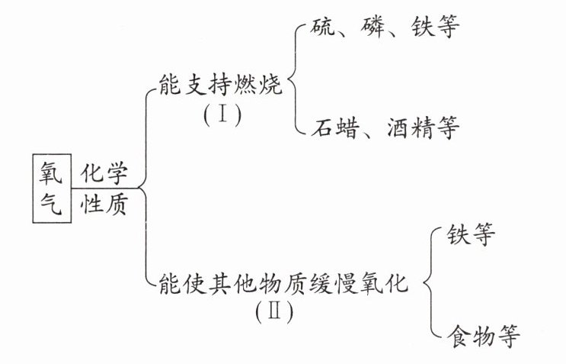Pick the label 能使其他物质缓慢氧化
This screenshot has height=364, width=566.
pyautogui.click(x=280, y=285)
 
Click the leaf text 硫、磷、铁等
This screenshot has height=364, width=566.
pyautogui.click(x=385, y=28)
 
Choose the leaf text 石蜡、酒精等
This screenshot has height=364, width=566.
pyautogui.click(x=385, y=127)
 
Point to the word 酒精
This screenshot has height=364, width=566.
pyautogui.click(x=411, y=127)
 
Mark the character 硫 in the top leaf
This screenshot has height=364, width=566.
pyautogui.click(x=324, y=28)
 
